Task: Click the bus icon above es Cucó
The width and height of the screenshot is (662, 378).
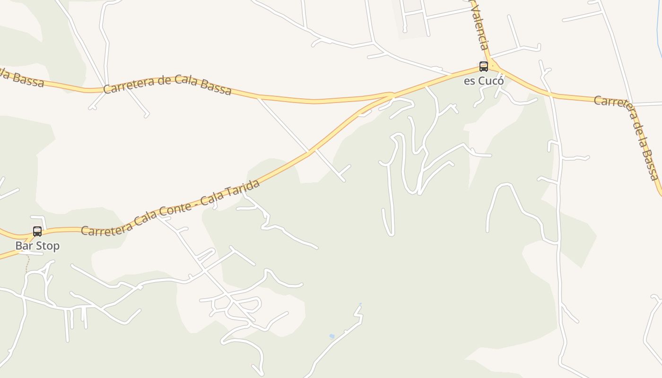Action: point(483,67)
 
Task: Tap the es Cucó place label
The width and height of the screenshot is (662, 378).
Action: point(483,81)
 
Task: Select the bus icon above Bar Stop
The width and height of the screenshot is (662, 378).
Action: point(37,232)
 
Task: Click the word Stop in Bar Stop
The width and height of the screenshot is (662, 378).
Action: point(48,246)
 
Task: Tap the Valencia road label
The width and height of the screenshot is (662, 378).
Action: point(479,28)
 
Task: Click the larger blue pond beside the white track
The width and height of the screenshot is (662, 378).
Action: point(332,336)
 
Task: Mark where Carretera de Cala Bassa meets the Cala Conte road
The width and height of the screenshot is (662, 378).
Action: point(392,96)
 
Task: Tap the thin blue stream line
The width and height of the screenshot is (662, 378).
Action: point(659,24)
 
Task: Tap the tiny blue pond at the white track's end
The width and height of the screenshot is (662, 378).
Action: point(360,304)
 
